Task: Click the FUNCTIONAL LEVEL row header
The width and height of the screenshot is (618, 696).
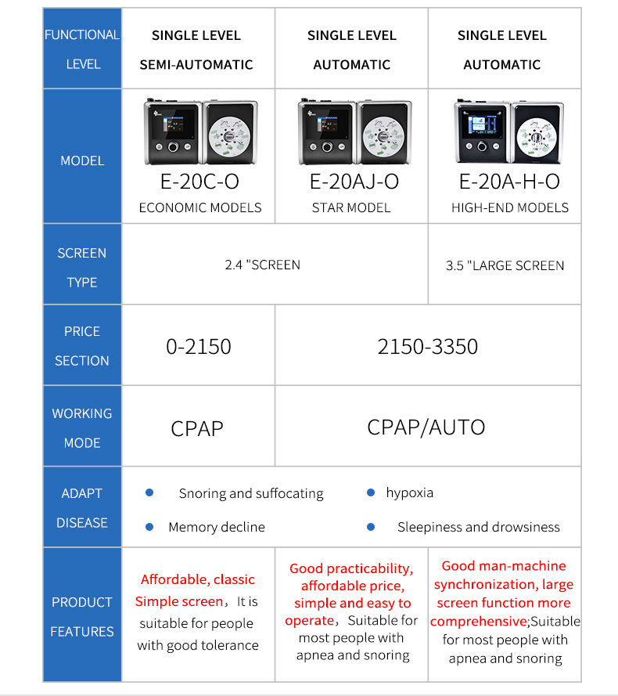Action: (82, 49)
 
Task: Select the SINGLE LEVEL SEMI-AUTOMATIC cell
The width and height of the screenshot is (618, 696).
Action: (196, 49)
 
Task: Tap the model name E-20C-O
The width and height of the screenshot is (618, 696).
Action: (199, 182)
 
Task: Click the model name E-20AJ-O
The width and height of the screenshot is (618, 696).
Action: (354, 182)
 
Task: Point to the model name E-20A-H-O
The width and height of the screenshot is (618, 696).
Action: (509, 182)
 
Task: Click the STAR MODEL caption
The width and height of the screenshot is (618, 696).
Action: (351, 207)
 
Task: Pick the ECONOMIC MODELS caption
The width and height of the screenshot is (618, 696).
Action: (200, 207)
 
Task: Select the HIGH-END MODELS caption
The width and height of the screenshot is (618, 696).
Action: (510, 207)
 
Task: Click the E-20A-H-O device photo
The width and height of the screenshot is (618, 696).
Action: (508, 132)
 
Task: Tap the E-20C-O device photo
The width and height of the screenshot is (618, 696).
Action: (200, 132)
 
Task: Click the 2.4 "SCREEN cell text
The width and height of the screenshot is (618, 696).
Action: (262, 265)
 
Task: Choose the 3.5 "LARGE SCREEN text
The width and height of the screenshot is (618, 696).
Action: (505, 265)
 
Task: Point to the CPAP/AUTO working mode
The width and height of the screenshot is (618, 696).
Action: (426, 427)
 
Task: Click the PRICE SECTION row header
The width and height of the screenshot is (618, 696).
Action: (82, 346)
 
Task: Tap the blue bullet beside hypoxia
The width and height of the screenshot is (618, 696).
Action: (371, 492)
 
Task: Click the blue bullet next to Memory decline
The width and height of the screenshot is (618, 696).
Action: (150, 527)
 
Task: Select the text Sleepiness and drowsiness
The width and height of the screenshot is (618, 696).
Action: (478, 527)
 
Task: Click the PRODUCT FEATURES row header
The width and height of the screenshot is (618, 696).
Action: (82, 616)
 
